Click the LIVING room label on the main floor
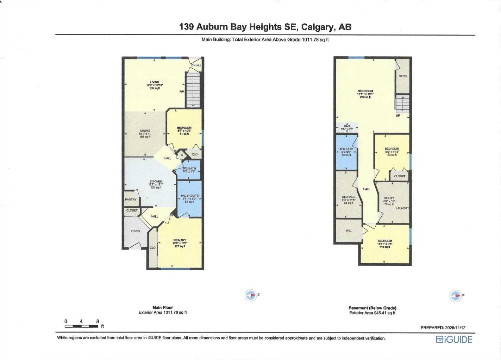tap(155, 82)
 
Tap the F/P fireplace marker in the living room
tap(182, 92)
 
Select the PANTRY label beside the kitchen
tap(131, 200)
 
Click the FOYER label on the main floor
tap(136, 231)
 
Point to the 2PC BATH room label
tap(189, 169)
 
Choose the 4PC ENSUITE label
tap(189, 196)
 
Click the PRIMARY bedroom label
tap(180, 240)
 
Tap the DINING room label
tap(145, 131)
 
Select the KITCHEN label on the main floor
tap(156, 182)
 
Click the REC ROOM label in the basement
tap(365, 91)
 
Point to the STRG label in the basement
tap(403, 76)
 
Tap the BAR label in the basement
tap(347, 126)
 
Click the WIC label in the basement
tap(349, 231)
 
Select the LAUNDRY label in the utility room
tap(402, 208)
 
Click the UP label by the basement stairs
tap(398, 116)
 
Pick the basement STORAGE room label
tap(349, 197)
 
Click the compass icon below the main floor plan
tap(251, 295)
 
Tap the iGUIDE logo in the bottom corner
tap(454, 340)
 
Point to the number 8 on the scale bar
tap(98, 321)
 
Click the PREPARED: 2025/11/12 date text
tap(443, 328)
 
